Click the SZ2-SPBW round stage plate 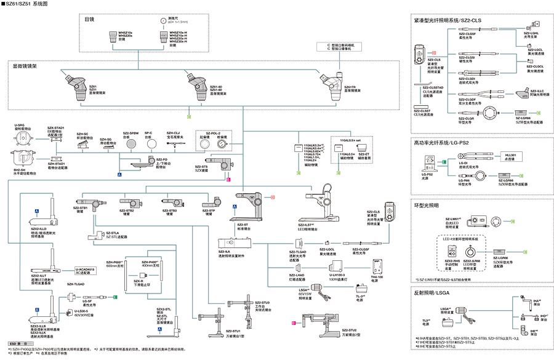click(130, 144)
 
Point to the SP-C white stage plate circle click(148, 144)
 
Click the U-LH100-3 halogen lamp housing click(336, 266)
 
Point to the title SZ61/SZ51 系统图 click(31, 4)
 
